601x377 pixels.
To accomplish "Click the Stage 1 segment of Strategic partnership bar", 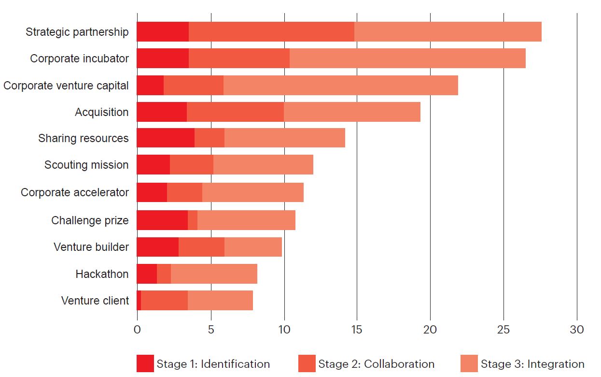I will [x=163, y=32].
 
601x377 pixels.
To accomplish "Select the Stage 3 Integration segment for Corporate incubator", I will [x=407, y=58].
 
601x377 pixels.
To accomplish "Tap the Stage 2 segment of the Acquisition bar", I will [x=235, y=112].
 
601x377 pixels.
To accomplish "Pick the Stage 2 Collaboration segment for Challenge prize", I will [x=193, y=220].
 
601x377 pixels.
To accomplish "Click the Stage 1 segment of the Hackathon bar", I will [x=147, y=274].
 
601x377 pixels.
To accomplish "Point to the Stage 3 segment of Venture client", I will [x=220, y=301].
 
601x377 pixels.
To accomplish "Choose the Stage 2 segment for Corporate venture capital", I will [x=194, y=86].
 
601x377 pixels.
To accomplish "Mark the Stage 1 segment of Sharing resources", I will [x=166, y=138].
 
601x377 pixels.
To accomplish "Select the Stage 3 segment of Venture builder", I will [x=253, y=247].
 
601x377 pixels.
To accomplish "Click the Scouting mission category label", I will [x=86, y=165].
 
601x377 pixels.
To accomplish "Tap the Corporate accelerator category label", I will [x=75, y=192].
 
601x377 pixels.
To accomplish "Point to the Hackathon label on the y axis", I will [x=102, y=274].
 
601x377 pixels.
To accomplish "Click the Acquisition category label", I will [x=102, y=112].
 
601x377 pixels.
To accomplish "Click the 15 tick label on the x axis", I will [x=357, y=330].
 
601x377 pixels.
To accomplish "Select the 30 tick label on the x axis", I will [x=577, y=330].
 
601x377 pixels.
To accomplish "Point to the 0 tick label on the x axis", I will [x=137, y=330].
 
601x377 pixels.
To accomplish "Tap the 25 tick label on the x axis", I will [x=503, y=330].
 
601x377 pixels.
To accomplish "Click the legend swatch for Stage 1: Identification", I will [x=145, y=364].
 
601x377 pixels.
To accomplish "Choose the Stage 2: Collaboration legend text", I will [x=376, y=364].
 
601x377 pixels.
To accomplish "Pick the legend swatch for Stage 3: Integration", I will [x=469, y=364].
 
